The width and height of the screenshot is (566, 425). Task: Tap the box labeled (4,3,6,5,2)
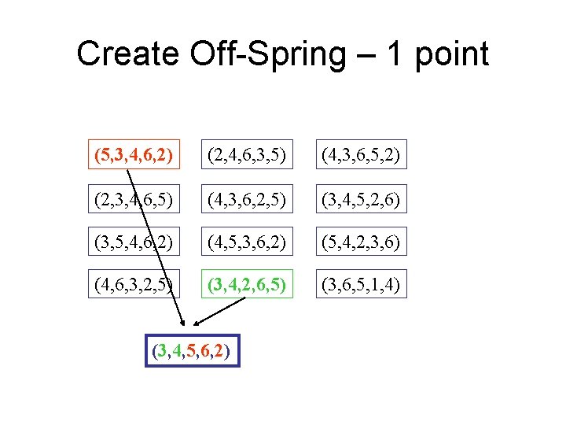click(x=358, y=153)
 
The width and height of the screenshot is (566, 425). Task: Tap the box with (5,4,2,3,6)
click(x=358, y=240)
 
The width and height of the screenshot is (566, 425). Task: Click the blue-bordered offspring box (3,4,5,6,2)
click(x=193, y=349)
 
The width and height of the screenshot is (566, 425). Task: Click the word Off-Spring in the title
click(x=266, y=55)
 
